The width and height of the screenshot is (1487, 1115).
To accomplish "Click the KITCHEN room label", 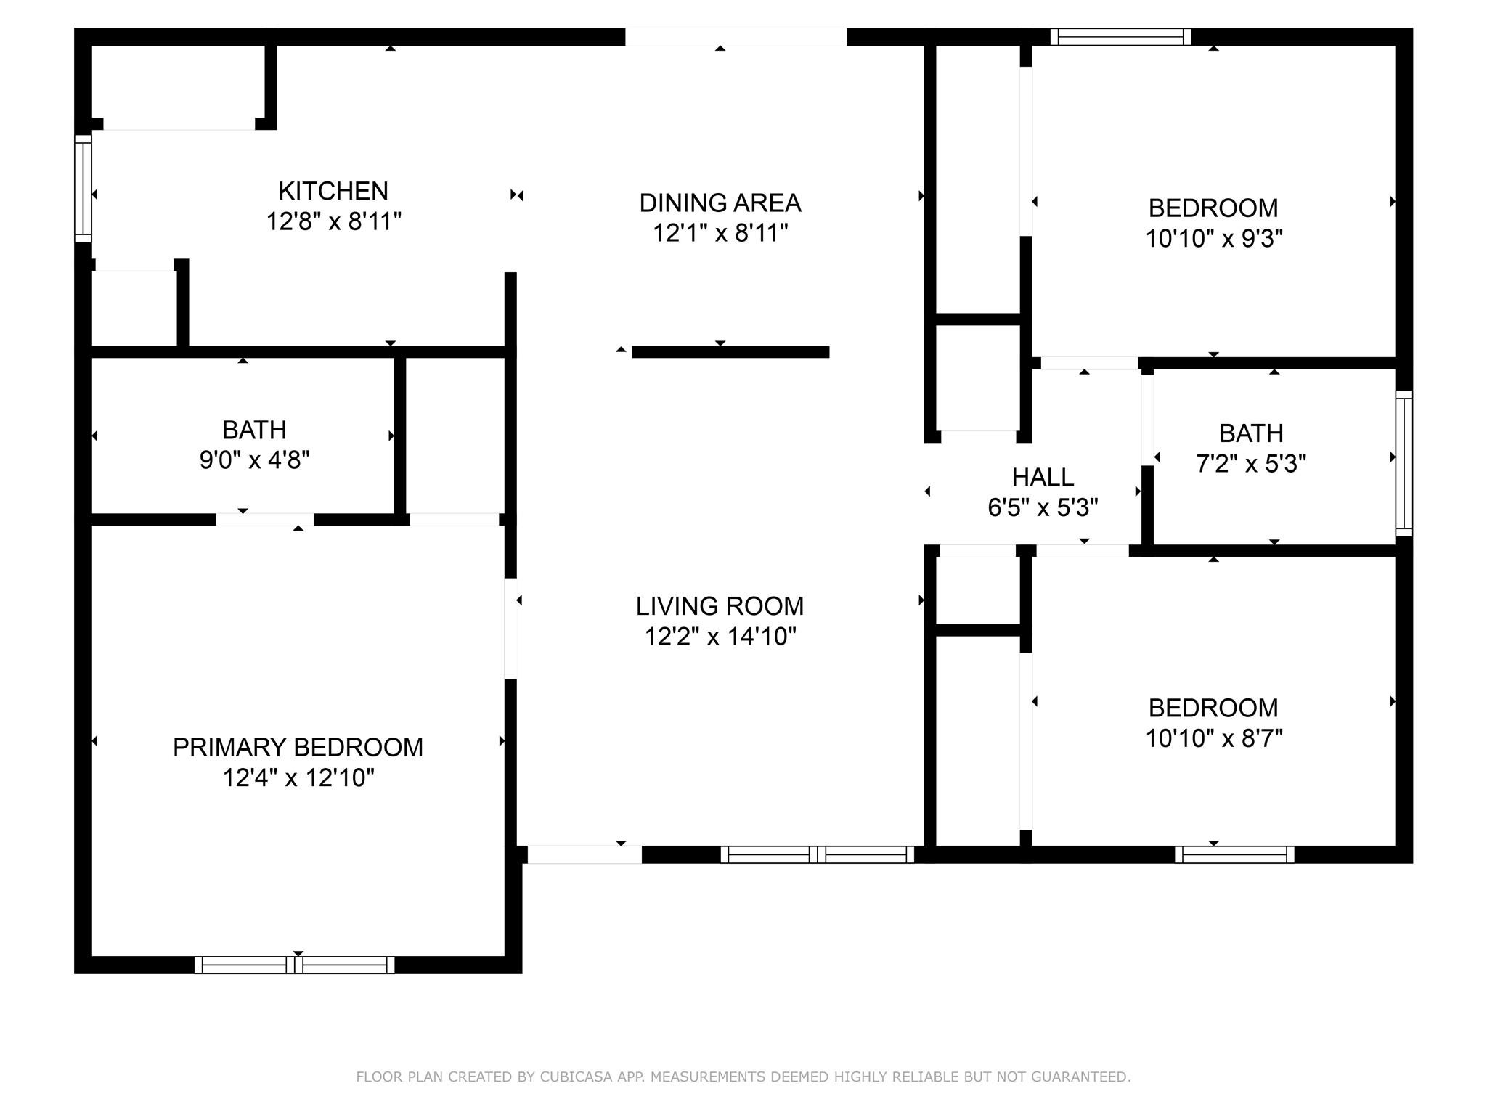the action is coord(333,191).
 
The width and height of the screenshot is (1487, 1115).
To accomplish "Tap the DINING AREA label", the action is coord(720,203).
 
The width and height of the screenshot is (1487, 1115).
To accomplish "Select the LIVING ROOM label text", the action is coord(720,606).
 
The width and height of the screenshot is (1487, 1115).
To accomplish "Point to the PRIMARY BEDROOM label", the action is coord(298,747).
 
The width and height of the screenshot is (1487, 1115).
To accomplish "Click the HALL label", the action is coord(1043,477).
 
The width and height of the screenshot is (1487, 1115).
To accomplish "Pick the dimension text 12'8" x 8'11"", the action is coord(334,221).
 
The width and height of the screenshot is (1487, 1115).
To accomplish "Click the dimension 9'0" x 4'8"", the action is coord(255,460).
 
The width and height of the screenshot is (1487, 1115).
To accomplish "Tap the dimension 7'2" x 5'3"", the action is coord(1251,463).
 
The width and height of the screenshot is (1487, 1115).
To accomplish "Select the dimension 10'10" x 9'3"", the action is coord(1214,238).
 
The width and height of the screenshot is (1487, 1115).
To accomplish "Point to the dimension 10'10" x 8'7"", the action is coord(1214,738).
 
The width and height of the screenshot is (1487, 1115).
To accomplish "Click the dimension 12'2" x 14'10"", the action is coord(720,637).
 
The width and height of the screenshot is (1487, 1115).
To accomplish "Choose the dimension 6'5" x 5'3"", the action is coord(1043,507).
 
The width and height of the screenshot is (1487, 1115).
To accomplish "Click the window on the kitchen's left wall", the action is coord(83,189).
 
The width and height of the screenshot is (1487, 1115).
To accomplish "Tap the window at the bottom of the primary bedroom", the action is coord(295,965).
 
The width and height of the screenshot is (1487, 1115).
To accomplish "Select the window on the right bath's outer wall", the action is coord(1404,463).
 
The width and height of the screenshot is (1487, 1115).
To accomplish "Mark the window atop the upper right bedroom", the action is coord(1121,36).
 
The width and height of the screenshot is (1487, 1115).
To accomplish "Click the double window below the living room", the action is coord(818,854).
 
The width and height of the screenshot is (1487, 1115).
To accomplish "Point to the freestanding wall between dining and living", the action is coord(730,352).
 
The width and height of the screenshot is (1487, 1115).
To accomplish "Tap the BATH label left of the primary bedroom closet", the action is coord(254,430).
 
